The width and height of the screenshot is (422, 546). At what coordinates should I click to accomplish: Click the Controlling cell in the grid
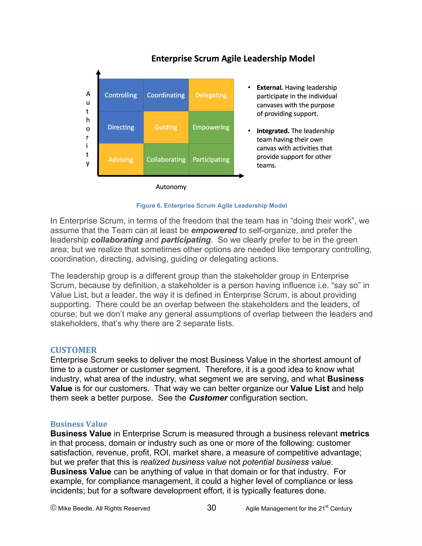tap(121, 95)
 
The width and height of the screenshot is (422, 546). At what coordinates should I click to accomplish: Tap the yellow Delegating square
tap(211, 95)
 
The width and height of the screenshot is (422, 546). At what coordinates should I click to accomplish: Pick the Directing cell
tap(121, 127)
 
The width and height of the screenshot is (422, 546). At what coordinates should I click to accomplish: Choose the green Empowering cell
tap(211, 127)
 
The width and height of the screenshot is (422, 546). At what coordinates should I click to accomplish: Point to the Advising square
tap(121, 159)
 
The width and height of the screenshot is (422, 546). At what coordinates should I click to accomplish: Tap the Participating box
tap(211, 159)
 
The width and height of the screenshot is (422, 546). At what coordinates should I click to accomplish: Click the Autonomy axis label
tap(171, 187)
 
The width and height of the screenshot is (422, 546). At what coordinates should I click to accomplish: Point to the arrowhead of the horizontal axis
tap(241, 176)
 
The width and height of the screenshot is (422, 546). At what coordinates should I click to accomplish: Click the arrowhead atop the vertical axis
tap(98, 73)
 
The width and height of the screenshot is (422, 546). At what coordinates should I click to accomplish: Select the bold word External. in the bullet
tap(270, 88)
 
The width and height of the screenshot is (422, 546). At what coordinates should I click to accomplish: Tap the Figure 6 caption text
tap(211, 205)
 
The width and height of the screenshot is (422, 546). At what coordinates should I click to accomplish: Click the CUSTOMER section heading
tap(74, 350)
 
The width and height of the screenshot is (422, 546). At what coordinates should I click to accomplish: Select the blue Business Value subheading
tap(79, 424)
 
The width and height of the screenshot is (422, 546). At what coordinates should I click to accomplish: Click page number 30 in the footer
tap(211, 508)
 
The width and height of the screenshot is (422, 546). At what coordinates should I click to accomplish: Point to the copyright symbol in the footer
tap(53, 508)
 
